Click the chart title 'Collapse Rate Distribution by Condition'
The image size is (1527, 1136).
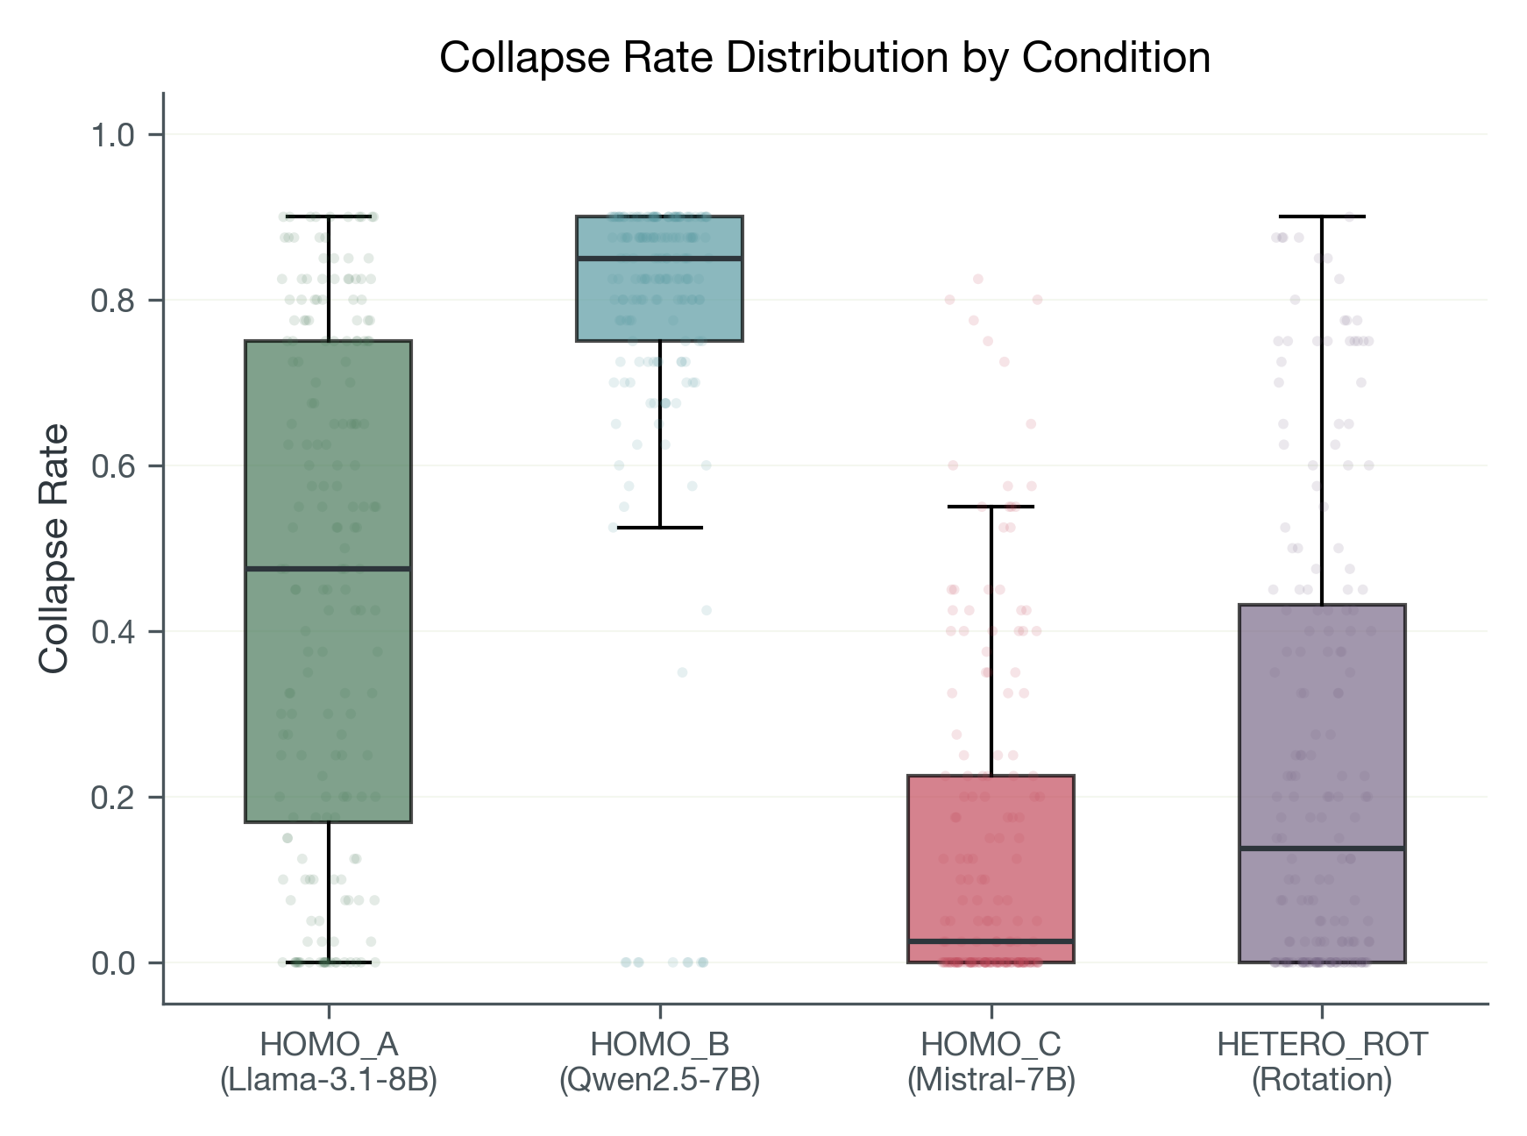pos(824,58)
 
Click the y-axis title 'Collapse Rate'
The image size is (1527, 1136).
pos(54,549)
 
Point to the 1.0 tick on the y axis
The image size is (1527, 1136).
pos(114,135)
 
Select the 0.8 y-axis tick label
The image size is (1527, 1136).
pos(114,301)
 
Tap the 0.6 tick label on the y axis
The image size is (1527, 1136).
pos(114,466)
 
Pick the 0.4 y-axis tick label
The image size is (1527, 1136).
pos(114,632)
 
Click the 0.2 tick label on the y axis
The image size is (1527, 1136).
pos(114,798)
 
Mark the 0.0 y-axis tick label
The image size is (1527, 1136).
pos(114,963)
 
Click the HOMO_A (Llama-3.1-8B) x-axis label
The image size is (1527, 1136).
pos(329,1062)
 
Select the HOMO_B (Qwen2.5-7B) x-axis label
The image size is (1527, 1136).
pos(660,1062)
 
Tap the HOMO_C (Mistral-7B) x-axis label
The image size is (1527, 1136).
pos(991,1062)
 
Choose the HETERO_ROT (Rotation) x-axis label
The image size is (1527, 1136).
pos(1322,1062)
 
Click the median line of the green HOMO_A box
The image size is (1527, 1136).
pos(329,569)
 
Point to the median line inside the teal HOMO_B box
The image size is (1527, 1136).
pos(660,259)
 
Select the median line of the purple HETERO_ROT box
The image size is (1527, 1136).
pos(1322,848)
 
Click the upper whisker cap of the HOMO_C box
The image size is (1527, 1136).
pos(991,507)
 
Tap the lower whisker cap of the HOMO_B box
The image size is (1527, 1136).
pos(660,528)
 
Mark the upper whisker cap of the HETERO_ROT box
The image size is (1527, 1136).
pos(1322,217)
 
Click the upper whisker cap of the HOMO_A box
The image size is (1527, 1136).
pos(329,217)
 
